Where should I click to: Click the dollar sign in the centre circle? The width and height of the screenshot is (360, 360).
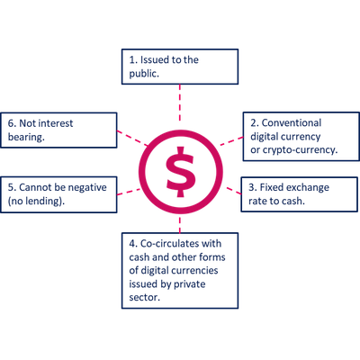[181, 172]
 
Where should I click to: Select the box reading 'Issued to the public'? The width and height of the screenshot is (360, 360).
[180, 67]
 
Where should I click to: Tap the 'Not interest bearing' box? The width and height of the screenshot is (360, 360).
[58, 130]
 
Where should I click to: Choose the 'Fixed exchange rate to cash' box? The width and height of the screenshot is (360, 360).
[300, 194]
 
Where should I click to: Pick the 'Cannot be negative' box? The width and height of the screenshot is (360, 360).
[58, 194]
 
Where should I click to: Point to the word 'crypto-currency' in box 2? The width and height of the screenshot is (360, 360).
[300, 150]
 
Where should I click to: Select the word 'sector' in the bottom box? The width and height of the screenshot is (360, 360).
[144, 297]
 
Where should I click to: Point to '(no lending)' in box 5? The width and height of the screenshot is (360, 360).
[36, 201]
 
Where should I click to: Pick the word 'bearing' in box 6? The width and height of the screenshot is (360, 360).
[26, 137]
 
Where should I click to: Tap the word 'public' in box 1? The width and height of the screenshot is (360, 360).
[144, 74]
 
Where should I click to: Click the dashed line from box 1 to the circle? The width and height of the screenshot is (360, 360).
[180, 103]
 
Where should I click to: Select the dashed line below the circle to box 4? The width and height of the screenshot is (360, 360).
[180, 224]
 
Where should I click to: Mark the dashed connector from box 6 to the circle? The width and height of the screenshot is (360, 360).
[132, 138]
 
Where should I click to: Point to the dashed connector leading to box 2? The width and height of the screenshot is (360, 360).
[231, 141]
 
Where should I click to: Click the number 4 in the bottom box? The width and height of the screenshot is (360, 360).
[132, 244]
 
